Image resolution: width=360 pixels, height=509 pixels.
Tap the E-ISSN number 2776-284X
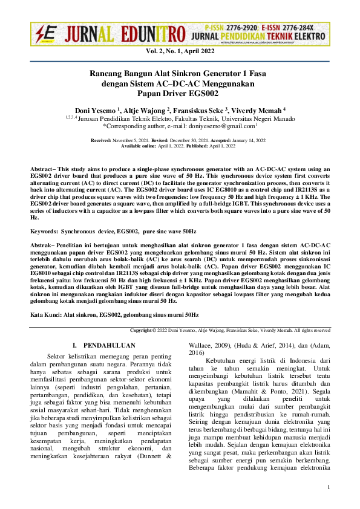(x=303, y=28)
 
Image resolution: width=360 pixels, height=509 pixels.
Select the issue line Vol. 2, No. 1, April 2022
(x=180, y=53)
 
